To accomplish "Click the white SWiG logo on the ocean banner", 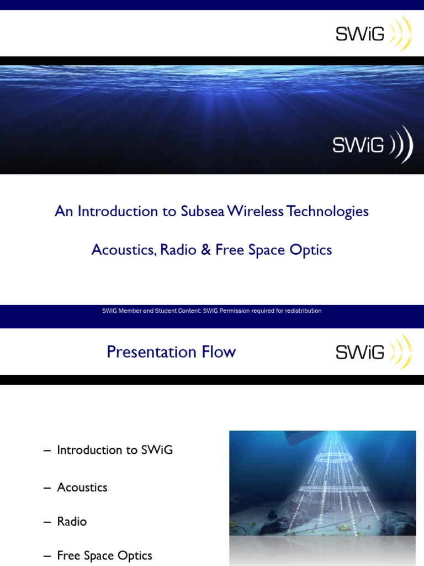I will click(x=372, y=145).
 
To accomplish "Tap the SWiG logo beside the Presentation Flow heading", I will click(x=373, y=352).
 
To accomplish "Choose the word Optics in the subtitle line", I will click(x=312, y=250).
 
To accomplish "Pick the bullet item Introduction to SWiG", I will click(x=115, y=450).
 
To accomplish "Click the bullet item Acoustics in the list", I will click(x=82, y=488).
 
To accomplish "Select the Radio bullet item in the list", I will click(x=72, y=522).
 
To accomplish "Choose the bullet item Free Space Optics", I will click(x=104, y=555).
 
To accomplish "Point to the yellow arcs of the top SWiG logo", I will click(x=401, y=34).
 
